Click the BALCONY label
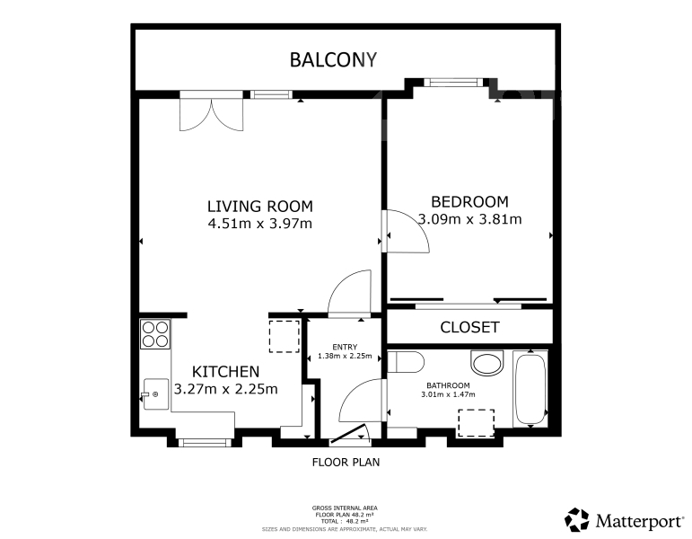[333, 60]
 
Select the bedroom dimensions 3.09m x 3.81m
[469, 218]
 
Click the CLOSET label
[469, 327]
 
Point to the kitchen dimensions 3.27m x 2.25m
[225, 389]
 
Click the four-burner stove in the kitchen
[155, 334]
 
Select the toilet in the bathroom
[406, 363]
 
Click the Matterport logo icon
[576, 519]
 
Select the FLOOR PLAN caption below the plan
[346, 464]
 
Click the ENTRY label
[345, 347]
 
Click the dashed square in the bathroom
[476, 422]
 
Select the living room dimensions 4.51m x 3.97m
[259, 224]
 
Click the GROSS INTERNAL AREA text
[345, 508]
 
